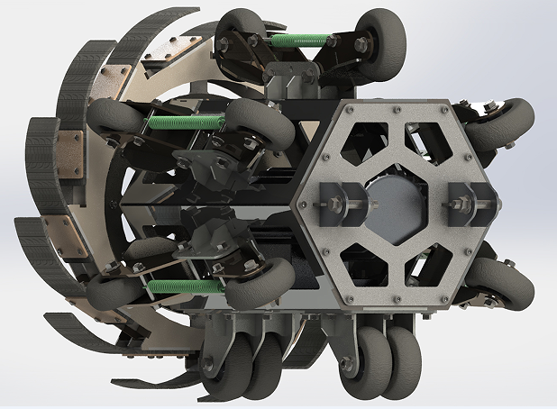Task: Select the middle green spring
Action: pyautogui.click(x=186, y=120)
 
